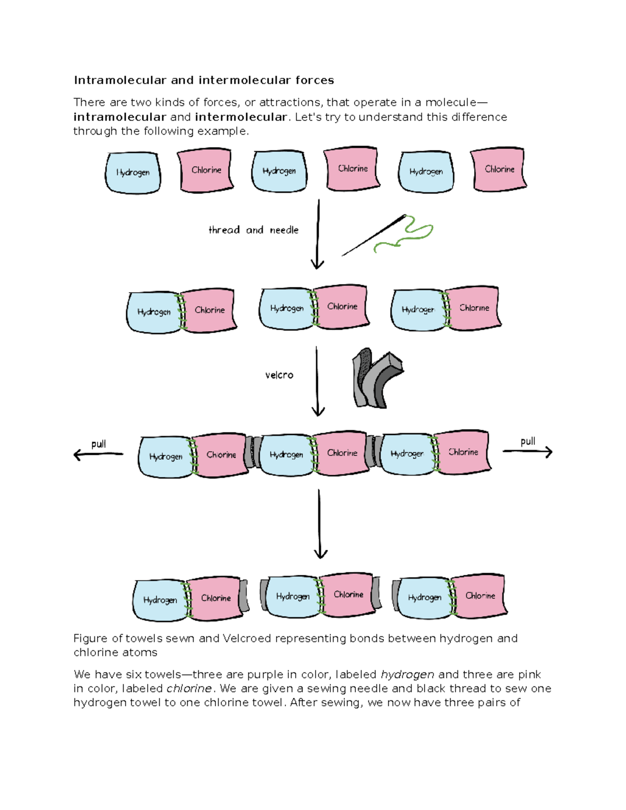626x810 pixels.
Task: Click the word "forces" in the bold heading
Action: click(315, 80)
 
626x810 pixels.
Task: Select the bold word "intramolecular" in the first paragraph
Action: click(119, 117)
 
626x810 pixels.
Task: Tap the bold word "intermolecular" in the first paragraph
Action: click(240, 117)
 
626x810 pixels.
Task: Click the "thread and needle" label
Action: click(254, 230)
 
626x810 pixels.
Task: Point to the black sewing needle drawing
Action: click(372, 236)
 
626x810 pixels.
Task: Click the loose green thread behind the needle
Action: click(410, 235)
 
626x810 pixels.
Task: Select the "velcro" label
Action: click(279, 375)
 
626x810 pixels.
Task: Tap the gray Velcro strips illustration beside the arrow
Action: click(377, 378)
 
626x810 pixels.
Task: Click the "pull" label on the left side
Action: click(99, 444)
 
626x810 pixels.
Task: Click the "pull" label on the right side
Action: click(528, 441)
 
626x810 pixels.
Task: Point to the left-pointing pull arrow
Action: click(98, 455)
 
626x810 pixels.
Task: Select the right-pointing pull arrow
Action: click(527, 452)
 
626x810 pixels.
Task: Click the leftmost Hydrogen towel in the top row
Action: click(133, 173)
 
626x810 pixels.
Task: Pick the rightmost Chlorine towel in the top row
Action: click(499, 169)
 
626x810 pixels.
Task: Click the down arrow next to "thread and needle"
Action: click(318, 234)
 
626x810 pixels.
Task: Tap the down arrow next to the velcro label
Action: click(317, 381)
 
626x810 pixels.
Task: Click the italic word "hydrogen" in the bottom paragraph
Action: click(407, 674)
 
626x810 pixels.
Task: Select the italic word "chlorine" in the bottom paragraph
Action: click(189, 688)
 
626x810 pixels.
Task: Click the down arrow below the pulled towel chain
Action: click(320, 524)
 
